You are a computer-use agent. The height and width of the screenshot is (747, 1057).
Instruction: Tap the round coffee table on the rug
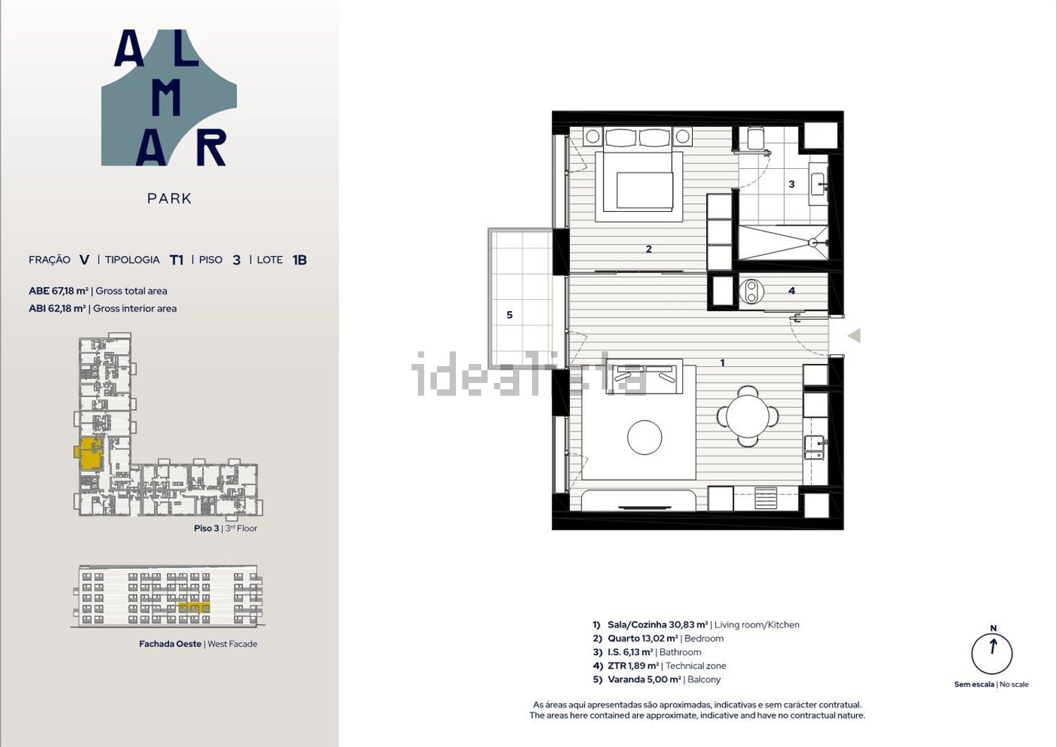(645, 437)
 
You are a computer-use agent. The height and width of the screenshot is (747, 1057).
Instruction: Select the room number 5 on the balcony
(509, 315)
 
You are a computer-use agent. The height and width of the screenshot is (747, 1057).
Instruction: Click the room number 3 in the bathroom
(792, 184)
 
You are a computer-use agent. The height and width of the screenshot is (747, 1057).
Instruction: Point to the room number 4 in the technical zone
(792, 291)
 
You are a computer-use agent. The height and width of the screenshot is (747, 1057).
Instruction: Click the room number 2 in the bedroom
(649, 249)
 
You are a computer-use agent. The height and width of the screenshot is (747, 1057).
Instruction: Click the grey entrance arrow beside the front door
(855, 335)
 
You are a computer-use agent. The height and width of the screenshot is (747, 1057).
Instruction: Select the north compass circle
(991, 654)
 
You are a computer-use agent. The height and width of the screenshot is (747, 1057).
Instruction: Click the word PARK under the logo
(169, 199)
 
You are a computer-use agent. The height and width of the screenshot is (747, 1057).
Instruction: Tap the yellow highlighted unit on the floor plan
(89, 453)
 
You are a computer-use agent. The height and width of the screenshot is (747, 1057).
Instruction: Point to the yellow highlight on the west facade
(194, 608)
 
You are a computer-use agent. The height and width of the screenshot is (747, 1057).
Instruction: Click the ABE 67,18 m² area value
(58, 291)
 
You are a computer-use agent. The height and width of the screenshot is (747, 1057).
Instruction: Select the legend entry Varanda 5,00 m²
(644, 679)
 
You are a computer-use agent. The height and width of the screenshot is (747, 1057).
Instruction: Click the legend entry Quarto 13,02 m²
(643, 639)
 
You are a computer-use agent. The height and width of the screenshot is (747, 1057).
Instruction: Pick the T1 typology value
(176, 260)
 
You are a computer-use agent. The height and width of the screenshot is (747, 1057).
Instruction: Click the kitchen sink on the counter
(815, 448)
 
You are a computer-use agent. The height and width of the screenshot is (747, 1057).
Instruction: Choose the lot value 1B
(299, 260)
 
